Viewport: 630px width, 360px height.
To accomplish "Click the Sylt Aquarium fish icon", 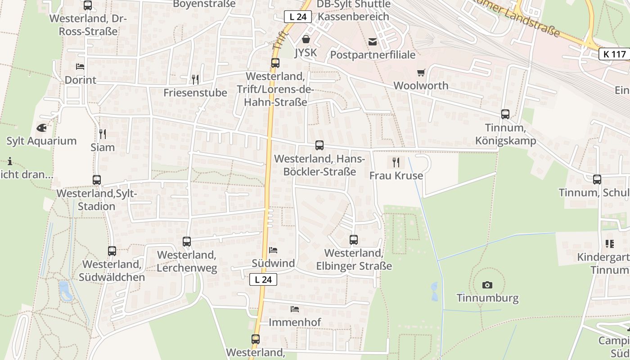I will [x=41, y=128].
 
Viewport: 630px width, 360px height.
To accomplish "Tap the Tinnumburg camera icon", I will [x=487, y=285].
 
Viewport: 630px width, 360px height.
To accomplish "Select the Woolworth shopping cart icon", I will [x=421, y=72].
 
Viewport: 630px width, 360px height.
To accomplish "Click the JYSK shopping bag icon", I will [x=306, y=39].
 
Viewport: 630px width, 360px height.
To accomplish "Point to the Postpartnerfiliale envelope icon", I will [x=373, y=42].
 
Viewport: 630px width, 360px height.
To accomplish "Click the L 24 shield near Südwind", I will [x=263, y=279].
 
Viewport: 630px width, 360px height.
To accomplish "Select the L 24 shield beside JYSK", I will [x=298, y=17].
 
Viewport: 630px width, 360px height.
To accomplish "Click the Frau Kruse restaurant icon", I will [x=396, y=162].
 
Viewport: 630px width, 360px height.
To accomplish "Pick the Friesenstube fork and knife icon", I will [x=195, y=80].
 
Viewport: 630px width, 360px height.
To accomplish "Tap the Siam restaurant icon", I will [x=103, y=134].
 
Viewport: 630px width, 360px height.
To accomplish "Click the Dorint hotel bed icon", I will [x=80, y=67].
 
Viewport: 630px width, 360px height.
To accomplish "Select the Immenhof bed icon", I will [x=295, y=309].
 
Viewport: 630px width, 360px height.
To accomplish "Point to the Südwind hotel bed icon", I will [x=273, y=250].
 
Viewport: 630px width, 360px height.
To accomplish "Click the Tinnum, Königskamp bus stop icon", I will [x=505, y=114].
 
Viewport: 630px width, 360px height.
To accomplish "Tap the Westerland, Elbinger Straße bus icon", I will [x=354, y=240].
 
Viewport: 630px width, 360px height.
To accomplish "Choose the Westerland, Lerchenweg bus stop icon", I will [x=187, y=242].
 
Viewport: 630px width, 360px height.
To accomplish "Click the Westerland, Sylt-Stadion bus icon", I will [x=97, y=180].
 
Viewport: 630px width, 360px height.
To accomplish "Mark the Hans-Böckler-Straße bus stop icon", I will [x=319, y=145].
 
